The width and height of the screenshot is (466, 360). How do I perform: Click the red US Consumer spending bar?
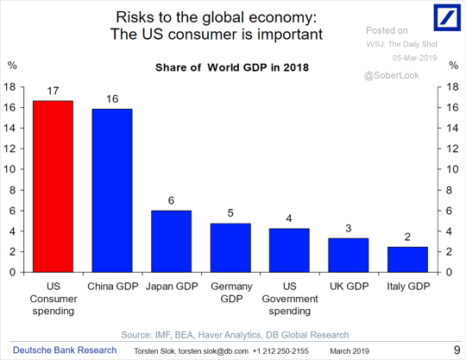54,186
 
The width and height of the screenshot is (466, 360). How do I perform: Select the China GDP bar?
112,191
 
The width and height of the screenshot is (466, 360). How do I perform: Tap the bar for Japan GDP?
171,242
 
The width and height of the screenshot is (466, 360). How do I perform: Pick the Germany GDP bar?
230,248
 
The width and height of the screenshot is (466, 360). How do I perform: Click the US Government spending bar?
289,250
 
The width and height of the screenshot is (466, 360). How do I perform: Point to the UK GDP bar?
349,255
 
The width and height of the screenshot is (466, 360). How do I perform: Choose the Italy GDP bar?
407,260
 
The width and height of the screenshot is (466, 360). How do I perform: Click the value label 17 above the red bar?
54,91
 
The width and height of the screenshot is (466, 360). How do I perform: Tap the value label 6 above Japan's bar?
171,200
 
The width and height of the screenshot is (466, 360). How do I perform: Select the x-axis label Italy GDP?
408,287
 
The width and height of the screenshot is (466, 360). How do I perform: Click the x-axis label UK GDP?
349,287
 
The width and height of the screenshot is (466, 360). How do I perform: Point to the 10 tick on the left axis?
9,169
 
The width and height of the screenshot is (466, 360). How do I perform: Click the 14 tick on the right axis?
453,128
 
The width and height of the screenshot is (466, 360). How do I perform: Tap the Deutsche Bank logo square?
447,17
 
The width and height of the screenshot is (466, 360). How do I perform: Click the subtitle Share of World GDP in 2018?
232,67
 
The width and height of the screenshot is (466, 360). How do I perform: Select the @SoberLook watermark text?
392,75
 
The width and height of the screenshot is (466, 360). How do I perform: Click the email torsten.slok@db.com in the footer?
213,351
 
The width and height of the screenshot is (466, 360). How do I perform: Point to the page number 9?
457,351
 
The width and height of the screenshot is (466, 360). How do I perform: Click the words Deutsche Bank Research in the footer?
65,351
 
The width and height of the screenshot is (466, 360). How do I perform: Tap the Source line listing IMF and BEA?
235,335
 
